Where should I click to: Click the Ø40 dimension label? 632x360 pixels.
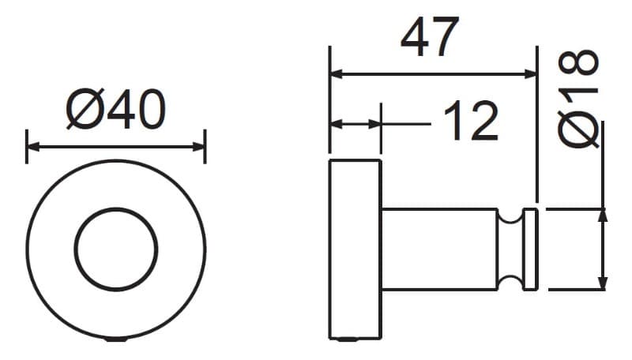(x=116, y=109)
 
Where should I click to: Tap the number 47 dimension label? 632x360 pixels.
(x=430, y=36)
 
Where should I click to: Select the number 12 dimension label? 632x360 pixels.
(x=471, y=120)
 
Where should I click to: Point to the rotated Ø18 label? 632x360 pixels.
(x=578, y=98)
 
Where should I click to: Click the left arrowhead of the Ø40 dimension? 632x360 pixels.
(x=33, y=147)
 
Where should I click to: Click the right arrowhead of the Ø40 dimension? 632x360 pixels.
(x=199, y=147)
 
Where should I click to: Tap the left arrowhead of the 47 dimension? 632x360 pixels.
(x=337, y=74)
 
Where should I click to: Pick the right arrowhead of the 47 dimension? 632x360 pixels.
(x=530, y=74)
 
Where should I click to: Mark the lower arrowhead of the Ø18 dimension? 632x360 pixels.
(x=602, y=283)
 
